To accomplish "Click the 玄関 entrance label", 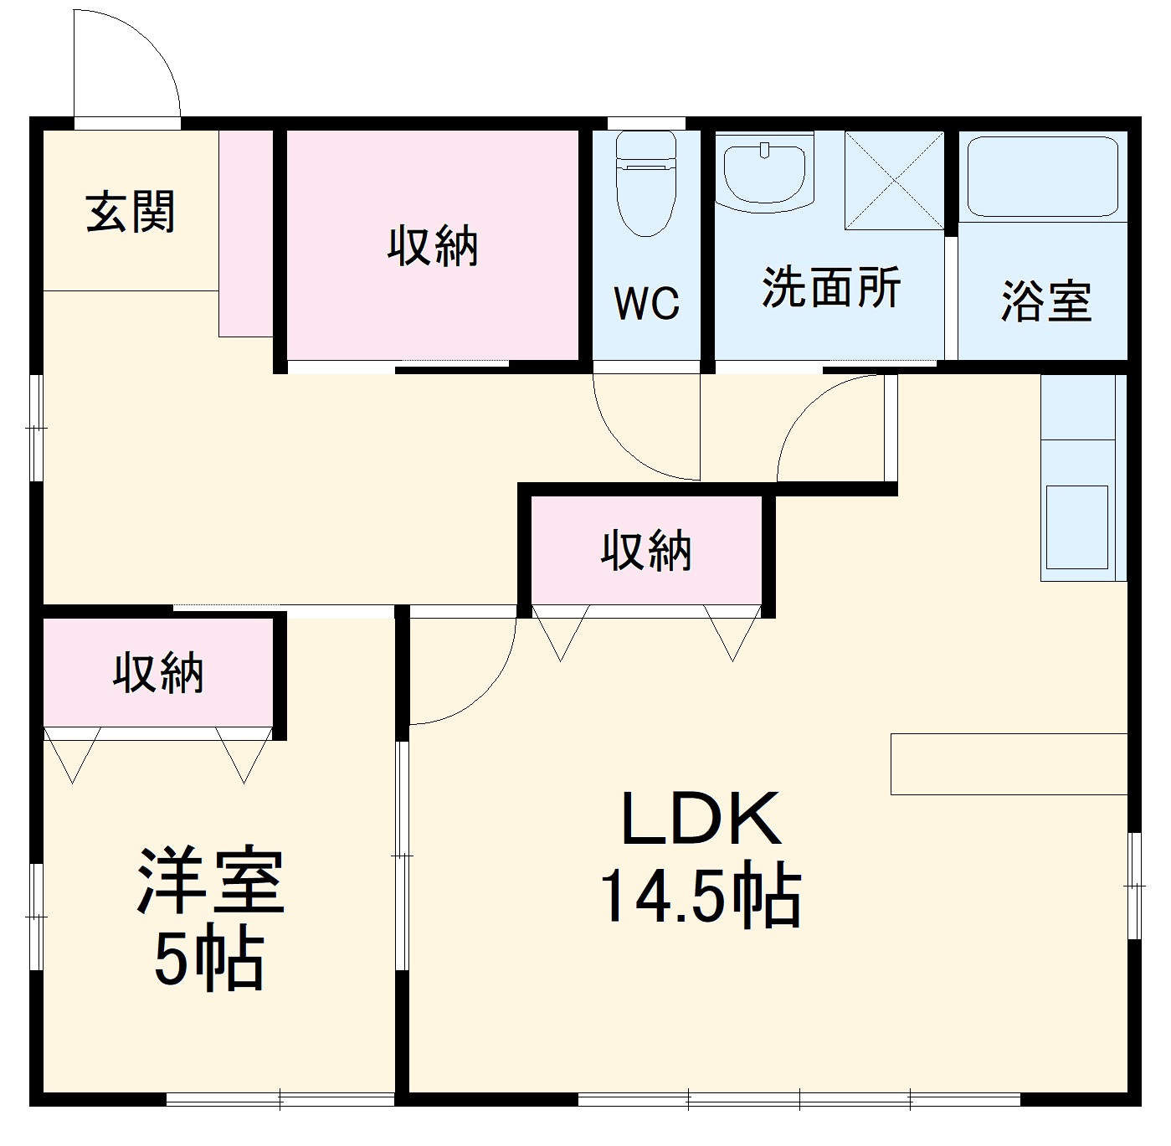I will [131, 212].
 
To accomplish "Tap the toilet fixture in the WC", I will [645, 183].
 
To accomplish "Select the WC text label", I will [646, 303].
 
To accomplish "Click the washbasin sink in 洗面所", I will [764, 172].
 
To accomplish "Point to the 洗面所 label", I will [830, 288].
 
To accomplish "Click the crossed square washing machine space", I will [894, 180].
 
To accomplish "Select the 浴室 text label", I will [1045, 301].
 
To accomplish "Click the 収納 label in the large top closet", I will [432, 246].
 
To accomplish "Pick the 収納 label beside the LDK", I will [646, 551].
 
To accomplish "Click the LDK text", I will [701, 819].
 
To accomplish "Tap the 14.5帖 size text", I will [701, 897].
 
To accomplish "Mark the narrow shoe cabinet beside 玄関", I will [246, 234].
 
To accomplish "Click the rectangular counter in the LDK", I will [1009, 763].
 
